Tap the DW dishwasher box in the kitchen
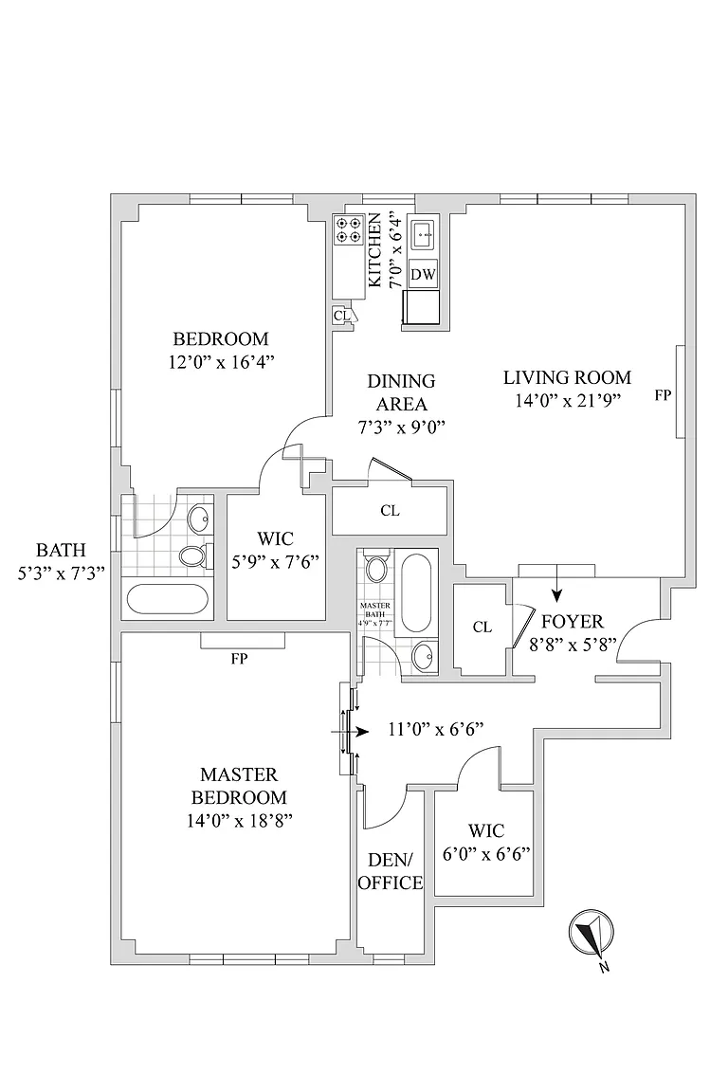pyautogui.click(x=424, y=275)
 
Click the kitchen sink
pyautogui.click(x=424, y=230)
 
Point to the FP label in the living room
pyautogui.click(x=663, y=396)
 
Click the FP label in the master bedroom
pyautogui.click(x=239, y=659)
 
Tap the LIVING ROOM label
pyautogui.click(x=567, y=376)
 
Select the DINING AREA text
pyautogui.click(x=401, y=392)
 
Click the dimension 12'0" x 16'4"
pyautogui.click(x=220, y=361)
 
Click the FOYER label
pyautogui.click(x=572, y=623)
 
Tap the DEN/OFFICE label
pyautogui.click(x=395, y=872)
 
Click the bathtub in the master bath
pyautogui.click(x=417, y=593)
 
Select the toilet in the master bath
pyautogui.click(x=375, y=570)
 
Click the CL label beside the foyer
pyautogui.click(x=482, y=628)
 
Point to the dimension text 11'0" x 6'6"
pyautogui.click(x=436, y=729)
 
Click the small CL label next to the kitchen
pyautogui.click(x=341, y=316)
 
